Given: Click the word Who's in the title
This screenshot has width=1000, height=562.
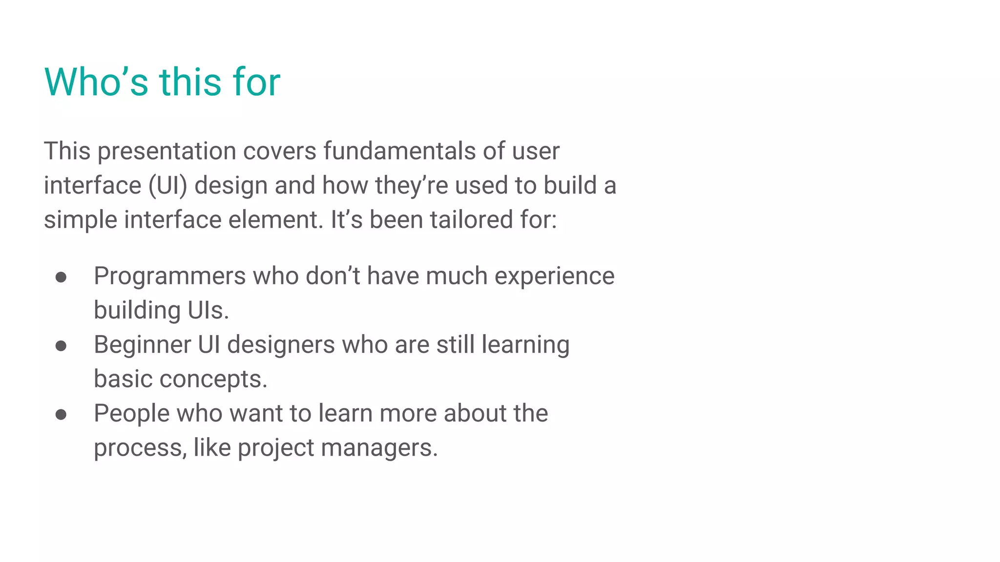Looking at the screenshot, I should click(96, 81).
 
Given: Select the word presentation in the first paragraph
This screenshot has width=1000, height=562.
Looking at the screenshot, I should click(167, 152).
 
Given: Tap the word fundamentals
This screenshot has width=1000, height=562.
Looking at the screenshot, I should click(399, 151).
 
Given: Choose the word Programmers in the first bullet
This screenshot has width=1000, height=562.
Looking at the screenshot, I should click(169, 277).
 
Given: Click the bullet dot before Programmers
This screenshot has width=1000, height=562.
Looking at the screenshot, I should click(61, 278).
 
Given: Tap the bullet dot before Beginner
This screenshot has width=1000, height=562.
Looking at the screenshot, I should click(61, 346).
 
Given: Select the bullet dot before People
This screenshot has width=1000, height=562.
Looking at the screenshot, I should click(61, 415).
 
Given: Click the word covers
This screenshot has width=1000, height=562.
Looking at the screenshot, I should click(280, 151).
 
